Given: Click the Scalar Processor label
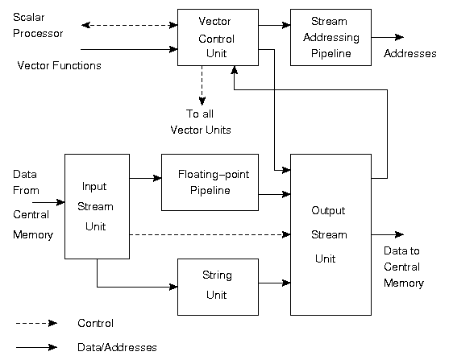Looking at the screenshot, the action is (x=38, y=26).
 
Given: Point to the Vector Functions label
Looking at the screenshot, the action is (x=60, y=65).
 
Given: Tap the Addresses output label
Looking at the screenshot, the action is (x=410, y=53).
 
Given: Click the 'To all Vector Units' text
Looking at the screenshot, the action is (x=201, y=122).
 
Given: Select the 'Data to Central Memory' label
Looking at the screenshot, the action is (x=404, y=267).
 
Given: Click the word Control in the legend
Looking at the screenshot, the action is (x=95, y=323).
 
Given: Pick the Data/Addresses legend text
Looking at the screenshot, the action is (x=117, y=347).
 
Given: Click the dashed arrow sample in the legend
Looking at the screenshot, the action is (x=36, y=324).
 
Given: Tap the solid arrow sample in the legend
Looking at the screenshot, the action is (x=36, y=347).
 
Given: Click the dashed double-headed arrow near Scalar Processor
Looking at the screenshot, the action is (x=130, y=25).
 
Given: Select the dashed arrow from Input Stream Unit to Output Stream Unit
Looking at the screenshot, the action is (x=210, y=234).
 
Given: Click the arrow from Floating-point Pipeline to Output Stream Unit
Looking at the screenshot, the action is (x=274, y=195).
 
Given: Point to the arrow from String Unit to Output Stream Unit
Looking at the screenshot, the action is (x=274, y=283).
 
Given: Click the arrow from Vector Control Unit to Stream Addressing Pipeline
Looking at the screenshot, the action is (x=274, y=25).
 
